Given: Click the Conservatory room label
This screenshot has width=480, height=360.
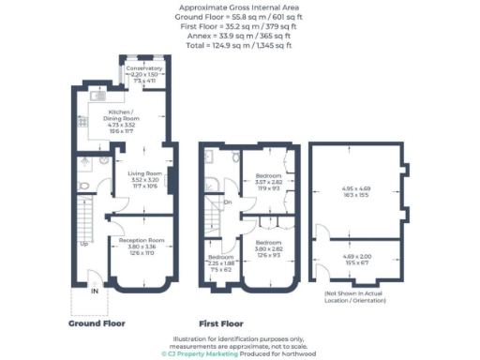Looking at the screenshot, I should [x=145, y=68].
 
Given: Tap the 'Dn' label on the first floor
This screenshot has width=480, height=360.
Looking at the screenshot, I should [x=228, y=201].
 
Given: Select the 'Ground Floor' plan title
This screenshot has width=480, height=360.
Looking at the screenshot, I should [x=96, y=322].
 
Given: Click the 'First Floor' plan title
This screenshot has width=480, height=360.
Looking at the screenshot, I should [x=226, y=322].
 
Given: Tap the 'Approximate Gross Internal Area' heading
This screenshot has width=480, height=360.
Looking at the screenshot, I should [x=238, y=7].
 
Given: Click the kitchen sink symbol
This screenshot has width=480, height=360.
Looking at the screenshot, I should [x=97, y=95].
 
